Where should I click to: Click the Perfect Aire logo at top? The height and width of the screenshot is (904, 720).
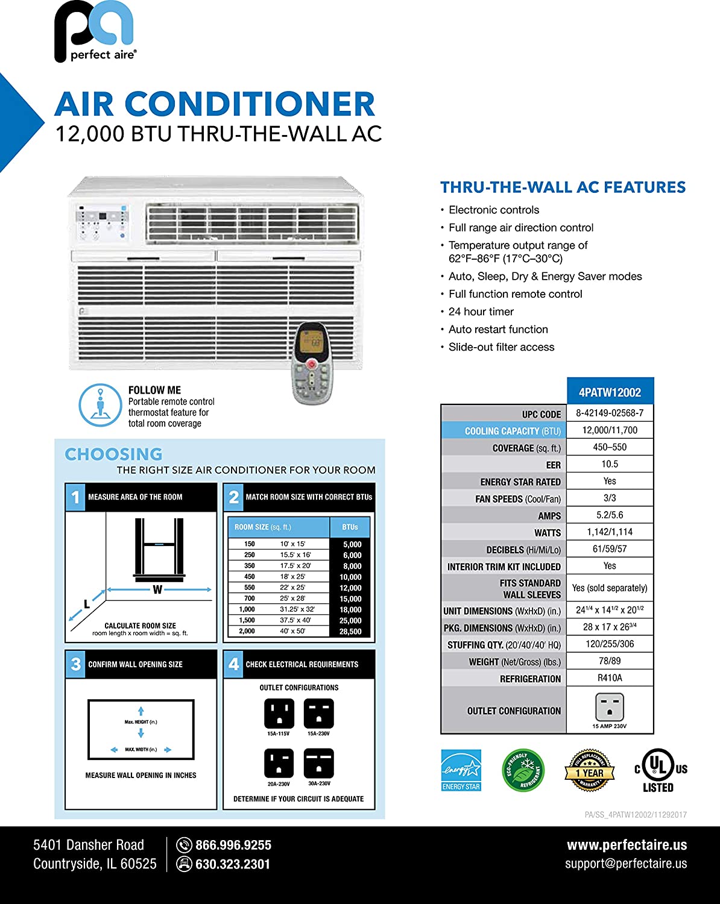point(95,32)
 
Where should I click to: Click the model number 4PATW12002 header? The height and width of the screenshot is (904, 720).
point(610,392)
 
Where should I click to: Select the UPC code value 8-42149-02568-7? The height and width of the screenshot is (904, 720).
point(610,413)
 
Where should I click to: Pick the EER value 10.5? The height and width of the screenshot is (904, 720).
point(610,464)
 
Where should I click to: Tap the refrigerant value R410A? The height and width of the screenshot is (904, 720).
point(610,678)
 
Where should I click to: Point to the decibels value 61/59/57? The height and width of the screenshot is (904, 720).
point(610,549)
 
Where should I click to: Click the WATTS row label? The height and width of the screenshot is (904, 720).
point(547,533)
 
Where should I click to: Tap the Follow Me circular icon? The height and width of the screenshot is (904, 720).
point(100,405)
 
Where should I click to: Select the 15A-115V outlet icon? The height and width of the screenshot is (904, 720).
point(279,714)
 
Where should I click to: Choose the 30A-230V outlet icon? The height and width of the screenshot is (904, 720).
point(319,764)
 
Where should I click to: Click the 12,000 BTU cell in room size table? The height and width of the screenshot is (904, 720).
point(350,588)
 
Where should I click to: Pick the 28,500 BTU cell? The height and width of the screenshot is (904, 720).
point(350,632)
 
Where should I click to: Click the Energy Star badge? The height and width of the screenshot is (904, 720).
point(461,770)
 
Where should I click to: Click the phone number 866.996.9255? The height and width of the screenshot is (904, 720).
point(233,845)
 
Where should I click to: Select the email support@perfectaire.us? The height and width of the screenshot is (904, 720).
point(625,864)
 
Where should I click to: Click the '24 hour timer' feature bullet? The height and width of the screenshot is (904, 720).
point(481,312)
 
